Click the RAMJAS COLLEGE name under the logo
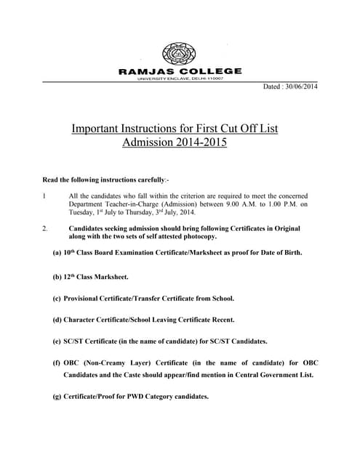[179, 71]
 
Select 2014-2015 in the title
[199, 143]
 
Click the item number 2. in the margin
[45, 230]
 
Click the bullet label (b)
[57, 277]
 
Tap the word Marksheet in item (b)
[109, 277]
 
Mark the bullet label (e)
[57, 341]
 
